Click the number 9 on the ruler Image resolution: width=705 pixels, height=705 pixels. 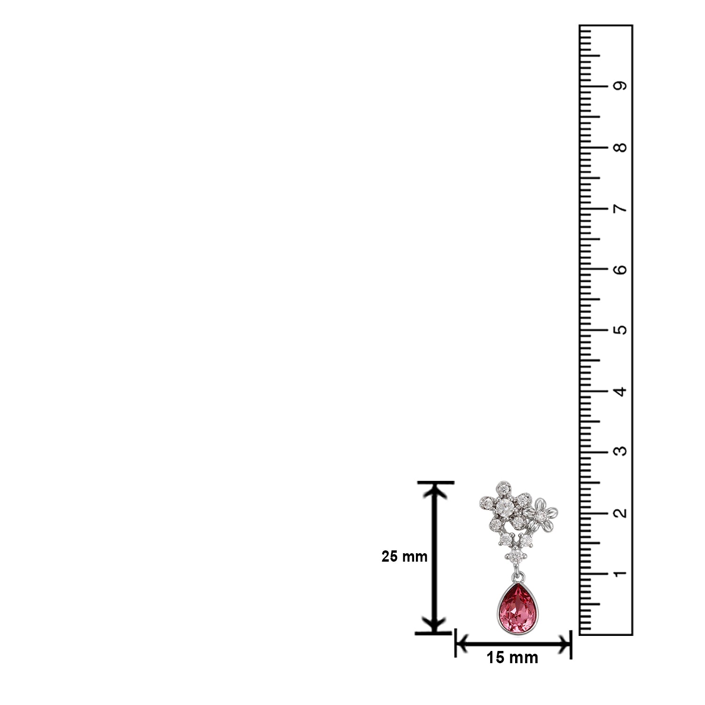coord(621,86)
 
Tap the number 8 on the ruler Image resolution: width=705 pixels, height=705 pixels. coord(621,147)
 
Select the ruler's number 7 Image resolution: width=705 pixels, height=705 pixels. coord(621,208)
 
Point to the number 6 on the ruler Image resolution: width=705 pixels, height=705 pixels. coord(621,269)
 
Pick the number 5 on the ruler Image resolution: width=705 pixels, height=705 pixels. coord(621,330)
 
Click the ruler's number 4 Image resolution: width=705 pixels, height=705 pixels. coord(621,391)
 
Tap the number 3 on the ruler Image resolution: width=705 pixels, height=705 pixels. coord(621,452)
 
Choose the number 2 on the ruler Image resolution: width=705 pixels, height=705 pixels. coord(621,513)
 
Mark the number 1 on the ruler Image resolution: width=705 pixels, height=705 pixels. coord(621,573)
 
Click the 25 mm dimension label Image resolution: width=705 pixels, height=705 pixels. coord(404,557)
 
